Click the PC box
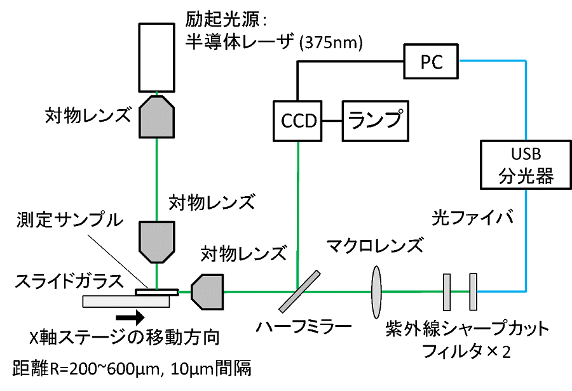pos(432,62)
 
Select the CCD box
pos(298,120)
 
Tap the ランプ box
pos(375,120)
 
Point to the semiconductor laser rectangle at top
pos(157,58)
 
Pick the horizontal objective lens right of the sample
pos(207,291)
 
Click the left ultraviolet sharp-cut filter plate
pos(447,291)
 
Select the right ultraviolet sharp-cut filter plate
pos(473,291)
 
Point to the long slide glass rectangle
pos(127,301)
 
